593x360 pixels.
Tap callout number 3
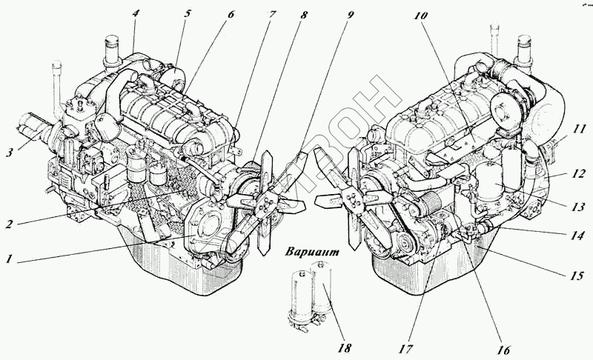pyautogui.click(x=9, y=153)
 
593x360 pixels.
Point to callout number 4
pyautogui.click(x=135, y=13)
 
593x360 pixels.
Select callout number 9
pyautogui.click(x=350, y=13)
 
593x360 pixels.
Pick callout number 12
pyautogui.click(x=580, y=175)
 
